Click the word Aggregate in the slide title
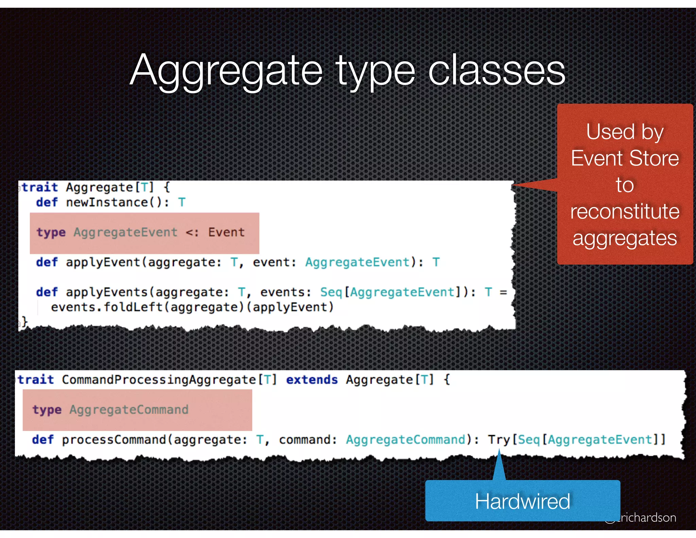(x=226, y=70)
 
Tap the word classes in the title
(x=497, y=70)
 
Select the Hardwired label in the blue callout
(x=522, y=501)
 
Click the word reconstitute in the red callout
(x=625, y=212)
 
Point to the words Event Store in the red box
(x=625, y=158)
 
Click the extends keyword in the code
(x=312, y=380)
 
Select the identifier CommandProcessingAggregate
(x=159, y=380)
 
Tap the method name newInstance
(x=107, y=202)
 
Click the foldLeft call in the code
(x=133, y=307)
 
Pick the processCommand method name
(x=114, y=440)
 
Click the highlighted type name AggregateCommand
(x=129, y=409)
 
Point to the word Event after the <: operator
(x=226, y=232)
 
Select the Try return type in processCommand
(x=499, y=440)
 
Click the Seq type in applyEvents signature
(x=331, y=292)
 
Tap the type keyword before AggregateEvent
(x=51, y=232)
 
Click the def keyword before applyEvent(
(x=47, y=262)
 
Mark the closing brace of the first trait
(x=24, y=321)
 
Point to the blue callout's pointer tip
(x=499, y=450)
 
